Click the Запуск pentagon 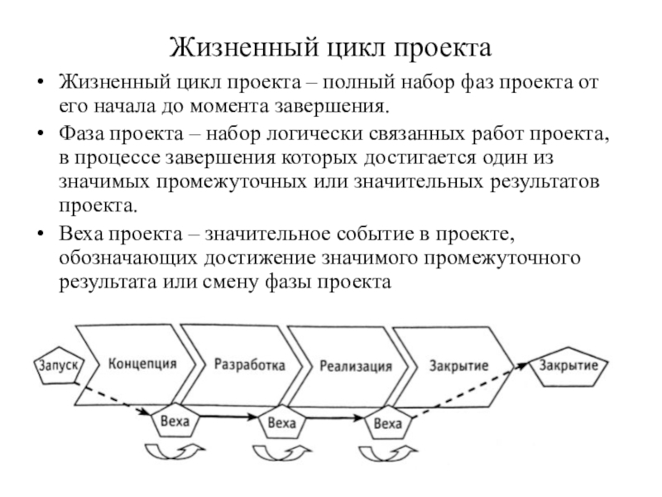[x=59, y=365]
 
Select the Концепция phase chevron [x=136, y=365]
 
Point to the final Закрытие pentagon [x=568, y=366]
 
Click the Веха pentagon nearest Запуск [x=175, y=421]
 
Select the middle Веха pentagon [x=281, y=422]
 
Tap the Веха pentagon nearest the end [x=387, y=422]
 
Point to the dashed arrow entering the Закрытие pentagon [x=469, y=391]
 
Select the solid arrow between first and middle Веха [x=228, y=417]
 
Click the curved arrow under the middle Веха [x=282, y=453]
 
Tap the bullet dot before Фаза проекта [x=41, y=133]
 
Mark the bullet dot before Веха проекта [x=41, y=234]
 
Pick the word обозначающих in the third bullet [x=128, y=258]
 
